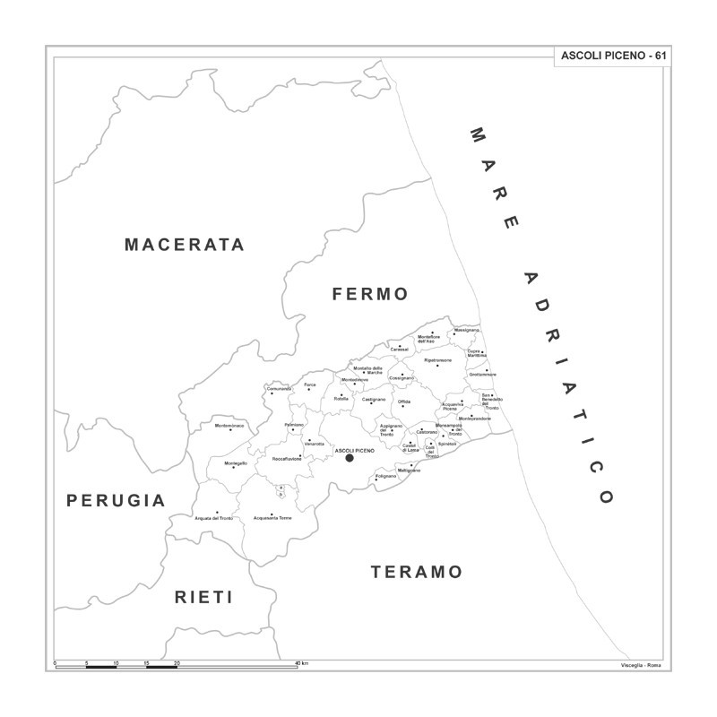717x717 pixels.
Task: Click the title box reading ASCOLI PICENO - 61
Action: pyautogui.click(x=612, y=56)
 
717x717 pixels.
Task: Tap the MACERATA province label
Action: pyautogui.click(x=185, y=245)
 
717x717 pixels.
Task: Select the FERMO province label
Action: pyautogui.click(x=369, y=294)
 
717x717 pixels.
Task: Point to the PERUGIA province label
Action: pyautogui.click(x=117, y=501)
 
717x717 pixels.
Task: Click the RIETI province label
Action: pyautogui.click(x=203, y=597)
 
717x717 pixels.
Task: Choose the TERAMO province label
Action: pyautogui.click(x=417, y=572)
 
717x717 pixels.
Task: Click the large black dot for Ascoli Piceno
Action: pyautogui.click(x=350, y=458)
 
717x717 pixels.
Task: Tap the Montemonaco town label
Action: pyautogui.click(x=229, y=425)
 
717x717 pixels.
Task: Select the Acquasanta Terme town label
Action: pyautogui.click(x=272, y=518)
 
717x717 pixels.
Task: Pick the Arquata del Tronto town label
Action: pyautogui.click(x=214, y=518)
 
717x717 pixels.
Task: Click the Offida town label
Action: pyautogui.click(x=404, y=401)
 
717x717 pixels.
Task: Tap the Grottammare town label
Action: pyautogui.click(x=482, y=375)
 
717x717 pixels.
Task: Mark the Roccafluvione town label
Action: pyautogui.click(x=287, y=458)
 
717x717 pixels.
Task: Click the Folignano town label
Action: pyautogui.click(x=385, y=476)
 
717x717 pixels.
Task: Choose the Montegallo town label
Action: pyautogui.click(x=236, y=463)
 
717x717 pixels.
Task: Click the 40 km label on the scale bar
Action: pyautogui.click(x=303, y=663)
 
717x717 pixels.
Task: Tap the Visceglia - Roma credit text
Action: pyautogui.click(x=641, y=664)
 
